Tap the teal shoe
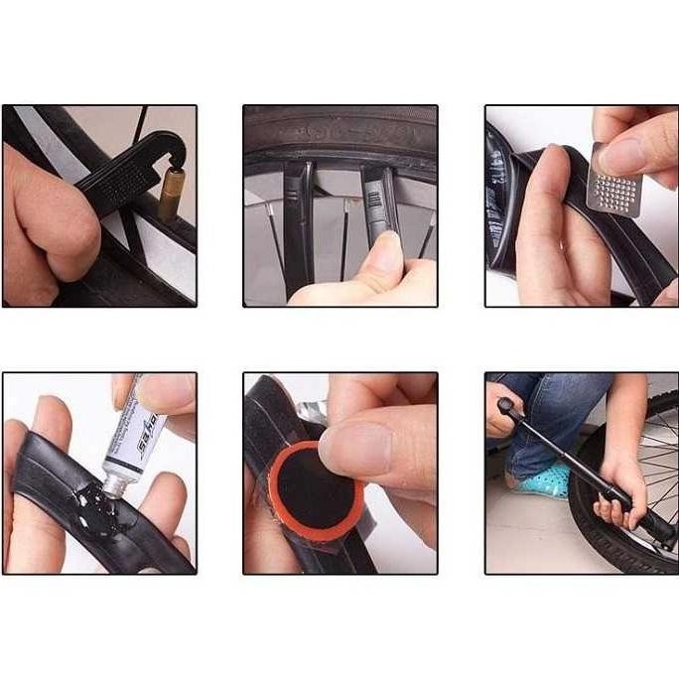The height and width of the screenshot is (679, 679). point(540,480)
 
